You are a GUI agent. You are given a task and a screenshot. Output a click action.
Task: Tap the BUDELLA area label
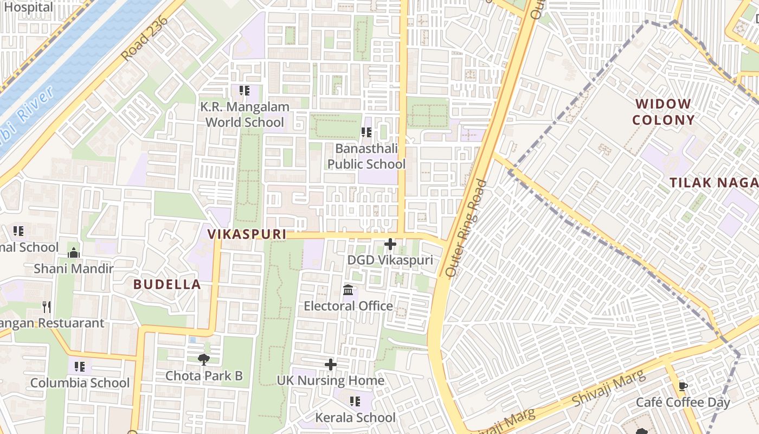tap(167, 284)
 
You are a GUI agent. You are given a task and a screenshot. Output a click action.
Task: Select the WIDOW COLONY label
tap(664, 112)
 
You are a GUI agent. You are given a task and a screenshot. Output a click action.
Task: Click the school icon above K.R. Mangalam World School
tap(244, 91)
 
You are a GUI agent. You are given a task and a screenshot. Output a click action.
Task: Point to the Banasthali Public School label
tap(366, 156)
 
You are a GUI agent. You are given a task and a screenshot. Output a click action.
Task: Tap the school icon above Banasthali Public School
tap(366, 132)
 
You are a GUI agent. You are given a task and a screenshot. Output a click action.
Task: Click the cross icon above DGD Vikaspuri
tap(390, 244)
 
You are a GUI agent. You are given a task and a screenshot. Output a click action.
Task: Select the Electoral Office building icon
tap(348, 290)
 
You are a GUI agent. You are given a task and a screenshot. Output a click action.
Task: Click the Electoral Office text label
tap(348, 306)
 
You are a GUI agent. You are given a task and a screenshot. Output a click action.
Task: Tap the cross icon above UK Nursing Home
tap(330, 365)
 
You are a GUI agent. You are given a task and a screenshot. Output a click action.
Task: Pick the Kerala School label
tap(355, 417)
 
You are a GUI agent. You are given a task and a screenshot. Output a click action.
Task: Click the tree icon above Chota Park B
tap(204, 359)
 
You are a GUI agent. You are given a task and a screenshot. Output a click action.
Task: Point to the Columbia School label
tap(80, 382)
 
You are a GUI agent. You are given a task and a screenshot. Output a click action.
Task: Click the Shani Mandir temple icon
tap(74, 253)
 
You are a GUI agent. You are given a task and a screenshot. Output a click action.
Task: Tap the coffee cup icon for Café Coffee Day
tap(683, 386)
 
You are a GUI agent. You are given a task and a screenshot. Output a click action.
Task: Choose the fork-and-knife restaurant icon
tap(47, 307)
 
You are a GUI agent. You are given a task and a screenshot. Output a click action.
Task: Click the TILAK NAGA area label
tap(713, 183)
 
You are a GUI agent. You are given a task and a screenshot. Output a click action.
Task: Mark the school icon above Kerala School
tap(355, 401)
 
